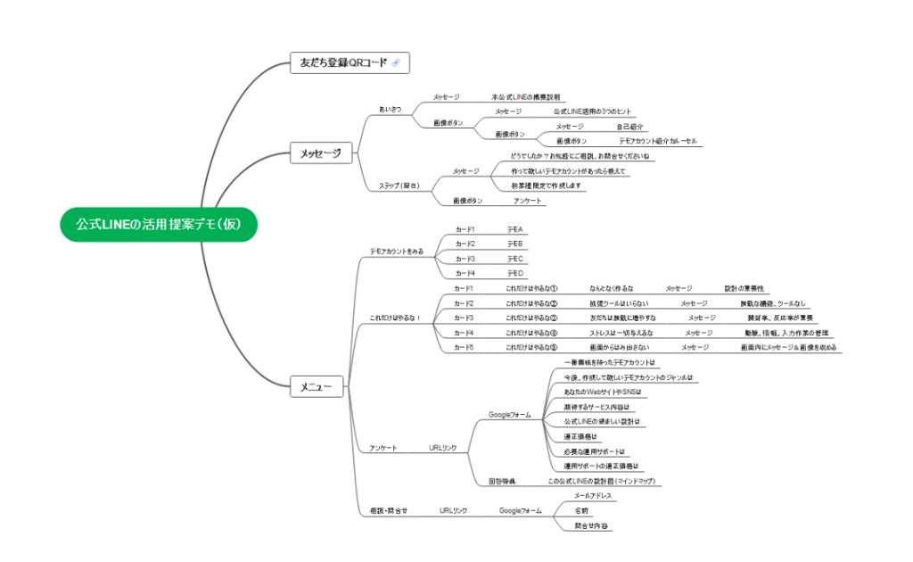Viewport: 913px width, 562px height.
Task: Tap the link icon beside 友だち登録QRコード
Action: pyautogui.click(x=396, y=62)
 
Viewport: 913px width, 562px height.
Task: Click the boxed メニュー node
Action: pyautogui.click(x=317, y=387)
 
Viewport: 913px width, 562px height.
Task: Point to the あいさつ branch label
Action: pyautogui.click(x=391, y=109)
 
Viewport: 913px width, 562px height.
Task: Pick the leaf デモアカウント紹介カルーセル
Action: pyautogui.click(x=660, y=141)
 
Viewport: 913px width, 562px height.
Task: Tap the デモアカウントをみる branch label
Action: pyautogui.click(x=397, y=252)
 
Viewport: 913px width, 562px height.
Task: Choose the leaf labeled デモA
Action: pyautogui.click(x=514, y=230)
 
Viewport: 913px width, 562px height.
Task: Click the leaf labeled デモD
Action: pyautogui.click(x=514, y=273)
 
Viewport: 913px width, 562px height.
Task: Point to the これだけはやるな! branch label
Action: pyautogui.click(x=395, y=318)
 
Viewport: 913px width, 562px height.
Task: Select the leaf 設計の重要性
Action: pyautogui.click(x=743, y=288)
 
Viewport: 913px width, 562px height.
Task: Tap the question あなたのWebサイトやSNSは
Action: pyautogui.click(x=603, y=392)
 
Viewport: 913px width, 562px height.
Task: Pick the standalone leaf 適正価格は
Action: pyautogui.click(x=581, y=436)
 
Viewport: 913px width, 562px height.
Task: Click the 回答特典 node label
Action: pyautogui.click(x=501, y=481)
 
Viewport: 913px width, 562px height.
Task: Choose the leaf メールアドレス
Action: pyautogui.click(x=592, y=495)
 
